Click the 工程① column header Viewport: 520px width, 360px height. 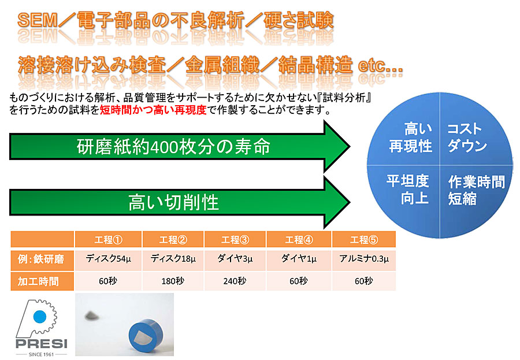pyautogui.click(x=108, y=240)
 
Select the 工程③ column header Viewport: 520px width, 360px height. pyautogui.click(x=235, y=240)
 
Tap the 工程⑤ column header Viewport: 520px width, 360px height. pyautogui.click(x=364, y=240)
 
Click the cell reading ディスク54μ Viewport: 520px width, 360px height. pyautogui.click(x=108, y=259)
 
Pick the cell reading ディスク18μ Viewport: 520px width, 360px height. pyautogui.click(x=173, y=259)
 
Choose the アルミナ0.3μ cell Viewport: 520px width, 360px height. pyautogui.click(x=364, y=259)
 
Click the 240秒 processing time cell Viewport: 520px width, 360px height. pyautogui.click(x=235, y=281)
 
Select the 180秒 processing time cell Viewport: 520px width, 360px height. pyautogui.click(x=173, y=281)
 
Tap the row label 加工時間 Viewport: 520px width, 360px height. pyautogui.click(x=38, y=281)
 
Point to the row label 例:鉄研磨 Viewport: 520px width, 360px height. pyautogui.click(x=41, y=259)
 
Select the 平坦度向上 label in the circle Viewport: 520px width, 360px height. pyautogui.click(x=408, y=190)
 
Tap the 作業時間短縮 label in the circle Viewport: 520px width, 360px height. pyautogui.click(x=476, y=190)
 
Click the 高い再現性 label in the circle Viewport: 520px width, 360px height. pyautogui.click(x=411, y=138)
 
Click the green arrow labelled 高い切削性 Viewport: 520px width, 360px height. pyautogui.click(x=180, y=202)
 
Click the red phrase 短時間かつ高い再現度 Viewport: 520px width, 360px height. pyautogui.click(x=153, y=109)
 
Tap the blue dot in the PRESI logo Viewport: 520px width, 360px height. pyautogui.click(x=40, y=317)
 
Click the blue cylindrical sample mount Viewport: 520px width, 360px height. pyautogui.click(x=146, y=336)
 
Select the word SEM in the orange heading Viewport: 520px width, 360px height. pyautogui.click(x=38, y=21)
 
